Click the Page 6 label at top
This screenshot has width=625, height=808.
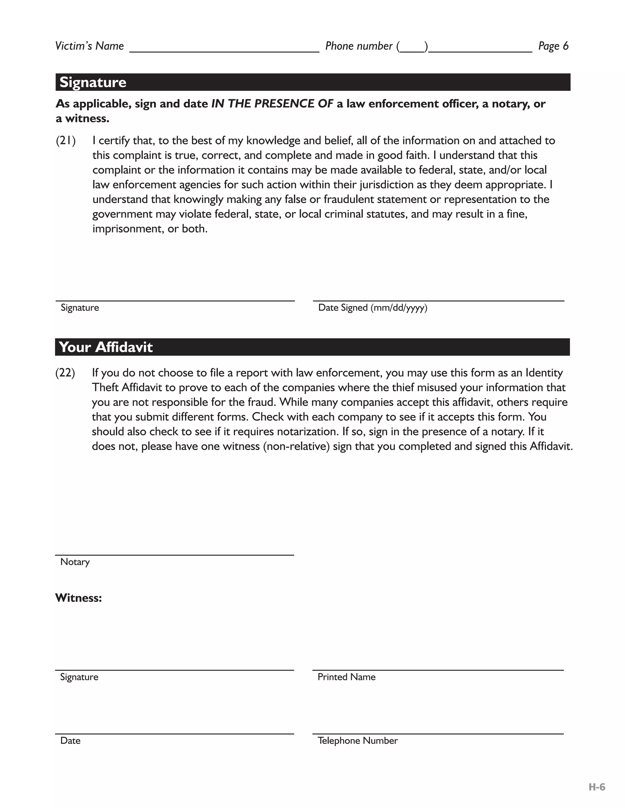(x=553, y=46)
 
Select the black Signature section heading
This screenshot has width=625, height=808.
(x=93, y=82)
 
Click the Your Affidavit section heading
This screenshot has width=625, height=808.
(x=106, y=347)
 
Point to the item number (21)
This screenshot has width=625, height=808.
(x=66, y=141)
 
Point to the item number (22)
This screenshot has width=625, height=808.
(x=65, y=373)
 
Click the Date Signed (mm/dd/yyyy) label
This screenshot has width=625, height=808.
(x=373, y=308)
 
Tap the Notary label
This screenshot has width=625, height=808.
(x=75, y=562)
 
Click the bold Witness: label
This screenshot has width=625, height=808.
(x=78, y=598)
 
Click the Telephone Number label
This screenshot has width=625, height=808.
(x=357, y=740)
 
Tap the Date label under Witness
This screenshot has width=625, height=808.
(x=70, y=740)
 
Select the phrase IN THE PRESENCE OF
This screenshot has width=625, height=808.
(x=272, y=104)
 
